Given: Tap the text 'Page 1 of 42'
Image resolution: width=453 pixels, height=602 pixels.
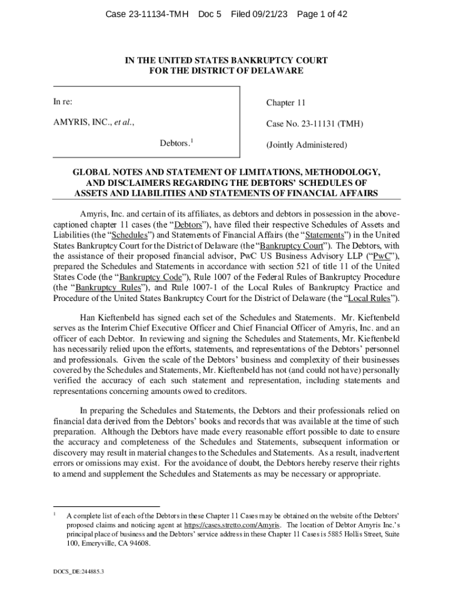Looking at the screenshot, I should pos(323,14).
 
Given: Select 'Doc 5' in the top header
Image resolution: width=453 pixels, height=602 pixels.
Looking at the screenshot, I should pos(209,14).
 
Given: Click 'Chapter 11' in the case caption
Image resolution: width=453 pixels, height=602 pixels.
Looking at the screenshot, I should pos(285,103).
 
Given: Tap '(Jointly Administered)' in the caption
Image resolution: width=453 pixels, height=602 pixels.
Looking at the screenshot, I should pos(307,145).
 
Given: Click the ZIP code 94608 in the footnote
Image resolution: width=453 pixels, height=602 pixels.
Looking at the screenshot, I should pos(138,544).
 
